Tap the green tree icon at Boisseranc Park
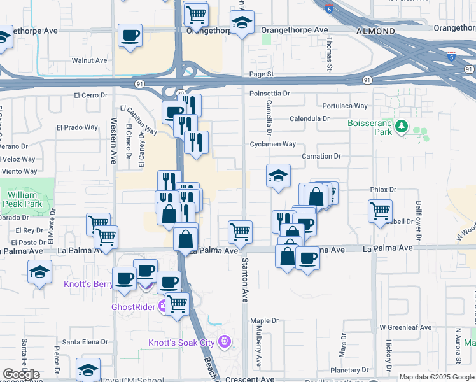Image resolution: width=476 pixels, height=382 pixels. click(x=401, y=127)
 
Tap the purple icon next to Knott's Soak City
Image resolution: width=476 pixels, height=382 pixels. click(x=223, y=343)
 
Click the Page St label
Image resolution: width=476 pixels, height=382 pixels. click(x=261, y=74)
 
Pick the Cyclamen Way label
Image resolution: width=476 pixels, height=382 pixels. click(x=272, y=144)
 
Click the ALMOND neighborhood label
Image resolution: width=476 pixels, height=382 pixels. click(x=375, y=30)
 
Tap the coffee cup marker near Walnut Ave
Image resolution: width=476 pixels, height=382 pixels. click(x=130, y=36)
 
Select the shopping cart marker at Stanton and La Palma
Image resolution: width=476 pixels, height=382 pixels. click(x=240, y=232)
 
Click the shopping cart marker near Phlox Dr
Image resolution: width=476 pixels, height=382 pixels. click(x=380, y=211)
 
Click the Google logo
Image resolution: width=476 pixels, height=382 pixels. click(x=21, y=374)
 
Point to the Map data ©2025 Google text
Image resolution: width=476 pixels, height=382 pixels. click(x=437, y=377)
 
